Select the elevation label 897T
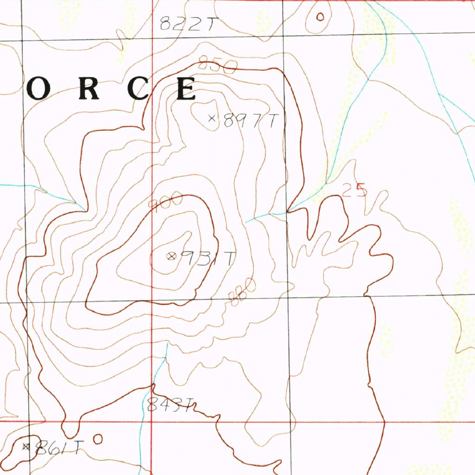[x=250, y=121]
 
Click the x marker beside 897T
[x=212, y=118]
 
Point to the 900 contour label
[x=165, y=202]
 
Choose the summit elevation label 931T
[x=207, y=258]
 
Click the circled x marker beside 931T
[x=172, y=256]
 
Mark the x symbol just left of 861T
[x=26, y=447]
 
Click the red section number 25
[x=354, y=190]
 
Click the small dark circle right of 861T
[x=98, y=438]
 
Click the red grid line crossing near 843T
[x=153, y=422]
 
